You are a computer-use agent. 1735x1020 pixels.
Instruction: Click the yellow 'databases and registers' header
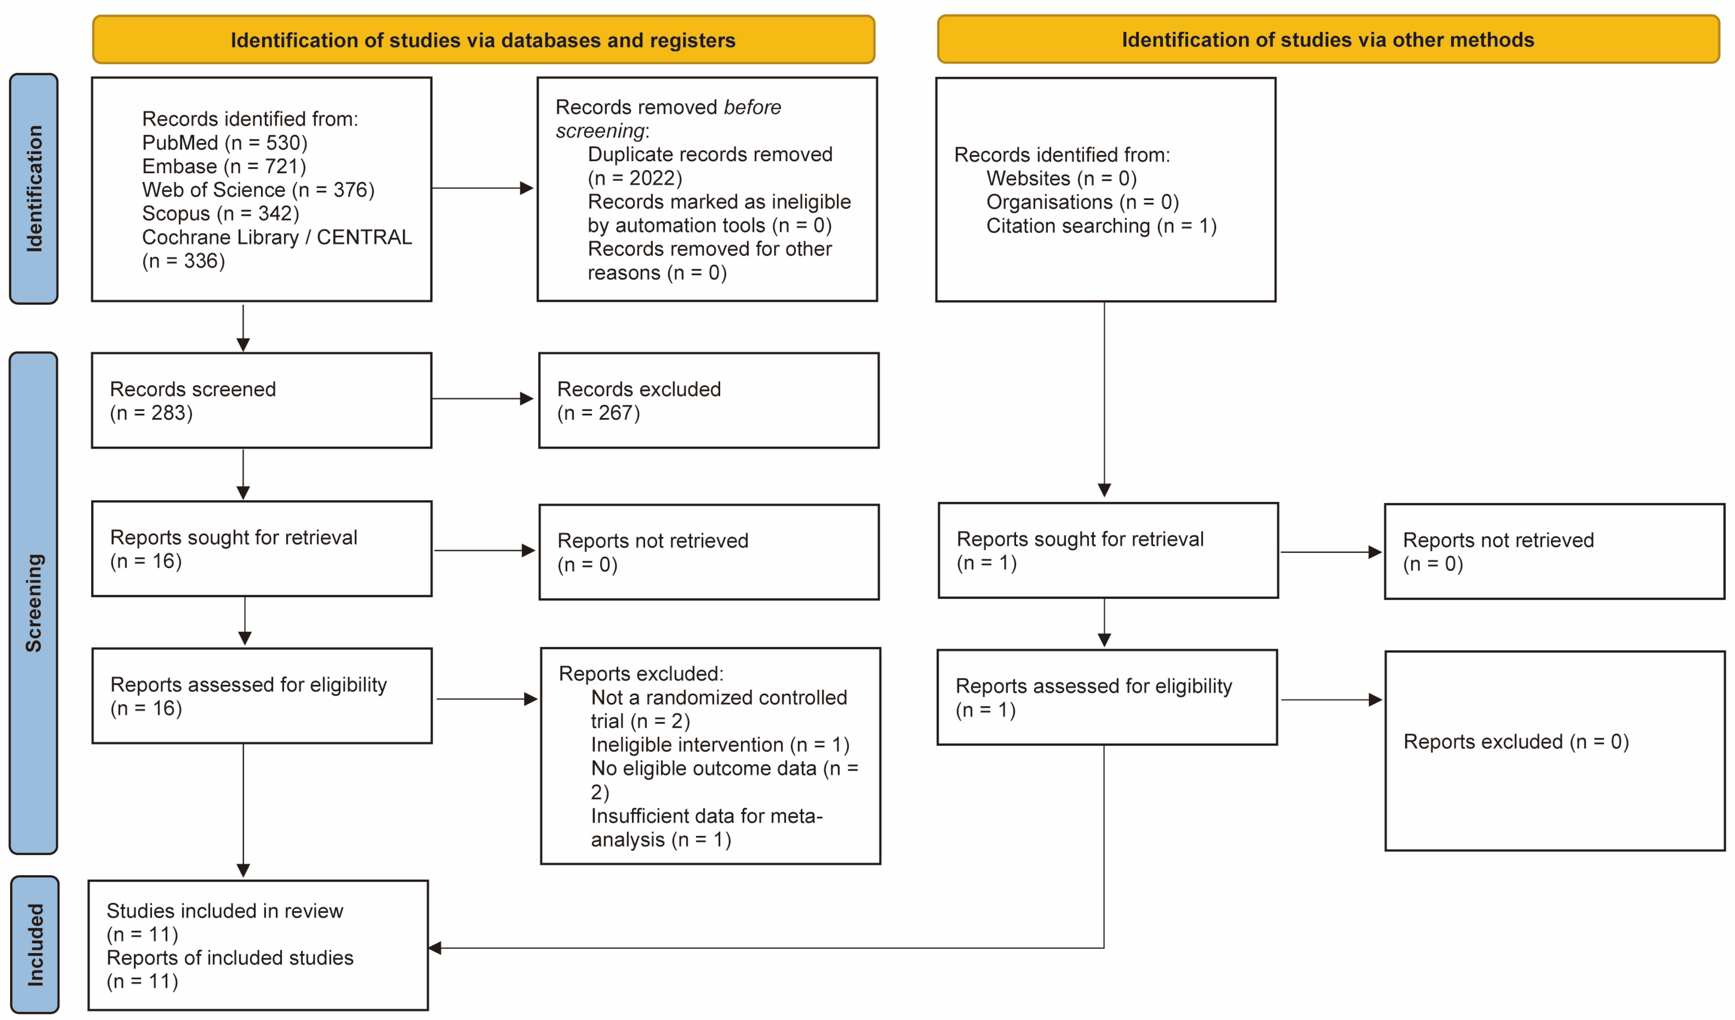tap(483, 40)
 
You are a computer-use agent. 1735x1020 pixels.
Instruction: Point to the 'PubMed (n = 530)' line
tap(225, 142)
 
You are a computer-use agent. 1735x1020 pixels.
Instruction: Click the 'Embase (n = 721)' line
tap(224, 166)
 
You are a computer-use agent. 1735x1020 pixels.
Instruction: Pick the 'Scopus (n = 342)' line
tap(220, 213)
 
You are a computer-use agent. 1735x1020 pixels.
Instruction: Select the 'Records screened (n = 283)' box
tap(261, 401)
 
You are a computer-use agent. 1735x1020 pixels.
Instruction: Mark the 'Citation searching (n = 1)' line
tap(1101, 226)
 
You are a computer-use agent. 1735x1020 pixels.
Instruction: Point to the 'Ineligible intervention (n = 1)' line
tap(720, 745)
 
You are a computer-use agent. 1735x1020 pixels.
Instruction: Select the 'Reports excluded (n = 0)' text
tap(1516, 741)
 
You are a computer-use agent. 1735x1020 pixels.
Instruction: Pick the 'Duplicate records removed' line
tap(710, 154)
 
